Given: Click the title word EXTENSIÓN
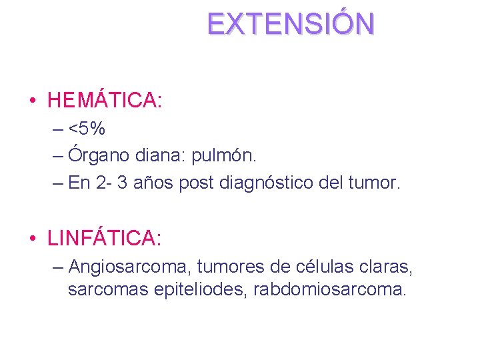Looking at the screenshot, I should click(291, 24).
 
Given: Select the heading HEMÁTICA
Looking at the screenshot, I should click(105, 101).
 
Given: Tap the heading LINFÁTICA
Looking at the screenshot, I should click(105, 237).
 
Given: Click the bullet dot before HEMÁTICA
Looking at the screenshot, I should click(32, 101).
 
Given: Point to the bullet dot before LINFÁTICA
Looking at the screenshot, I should click(32, 238).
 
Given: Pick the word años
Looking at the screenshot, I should click(153, 183).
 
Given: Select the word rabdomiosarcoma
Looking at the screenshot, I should click(329, 291).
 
